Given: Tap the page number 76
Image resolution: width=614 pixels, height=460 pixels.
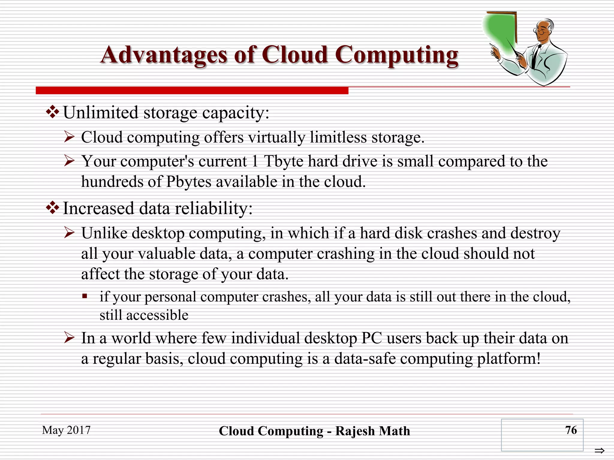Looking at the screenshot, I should click(571, 430).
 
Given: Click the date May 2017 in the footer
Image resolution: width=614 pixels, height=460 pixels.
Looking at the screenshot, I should click(66, 430).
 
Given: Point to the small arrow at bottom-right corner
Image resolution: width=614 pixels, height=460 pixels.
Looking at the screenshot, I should click(599, 450).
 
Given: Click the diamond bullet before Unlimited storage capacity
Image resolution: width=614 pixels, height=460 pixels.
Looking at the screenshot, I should click(52, 112).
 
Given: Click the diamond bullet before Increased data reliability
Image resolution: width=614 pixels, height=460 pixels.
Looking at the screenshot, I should click(52, 208).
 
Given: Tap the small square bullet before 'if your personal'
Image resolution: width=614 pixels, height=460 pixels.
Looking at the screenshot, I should click(85, 296).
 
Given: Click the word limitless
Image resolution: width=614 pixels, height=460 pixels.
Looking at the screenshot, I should click(338, 137).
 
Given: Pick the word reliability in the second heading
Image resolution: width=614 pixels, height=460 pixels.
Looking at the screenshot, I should click(214, 208).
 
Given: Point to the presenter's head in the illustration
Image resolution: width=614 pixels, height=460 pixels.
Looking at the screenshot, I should click(544, 30).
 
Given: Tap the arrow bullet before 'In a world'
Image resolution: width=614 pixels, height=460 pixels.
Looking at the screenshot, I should click(69, 338).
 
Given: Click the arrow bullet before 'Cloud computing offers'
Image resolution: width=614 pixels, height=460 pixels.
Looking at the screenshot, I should click(69, 137).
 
